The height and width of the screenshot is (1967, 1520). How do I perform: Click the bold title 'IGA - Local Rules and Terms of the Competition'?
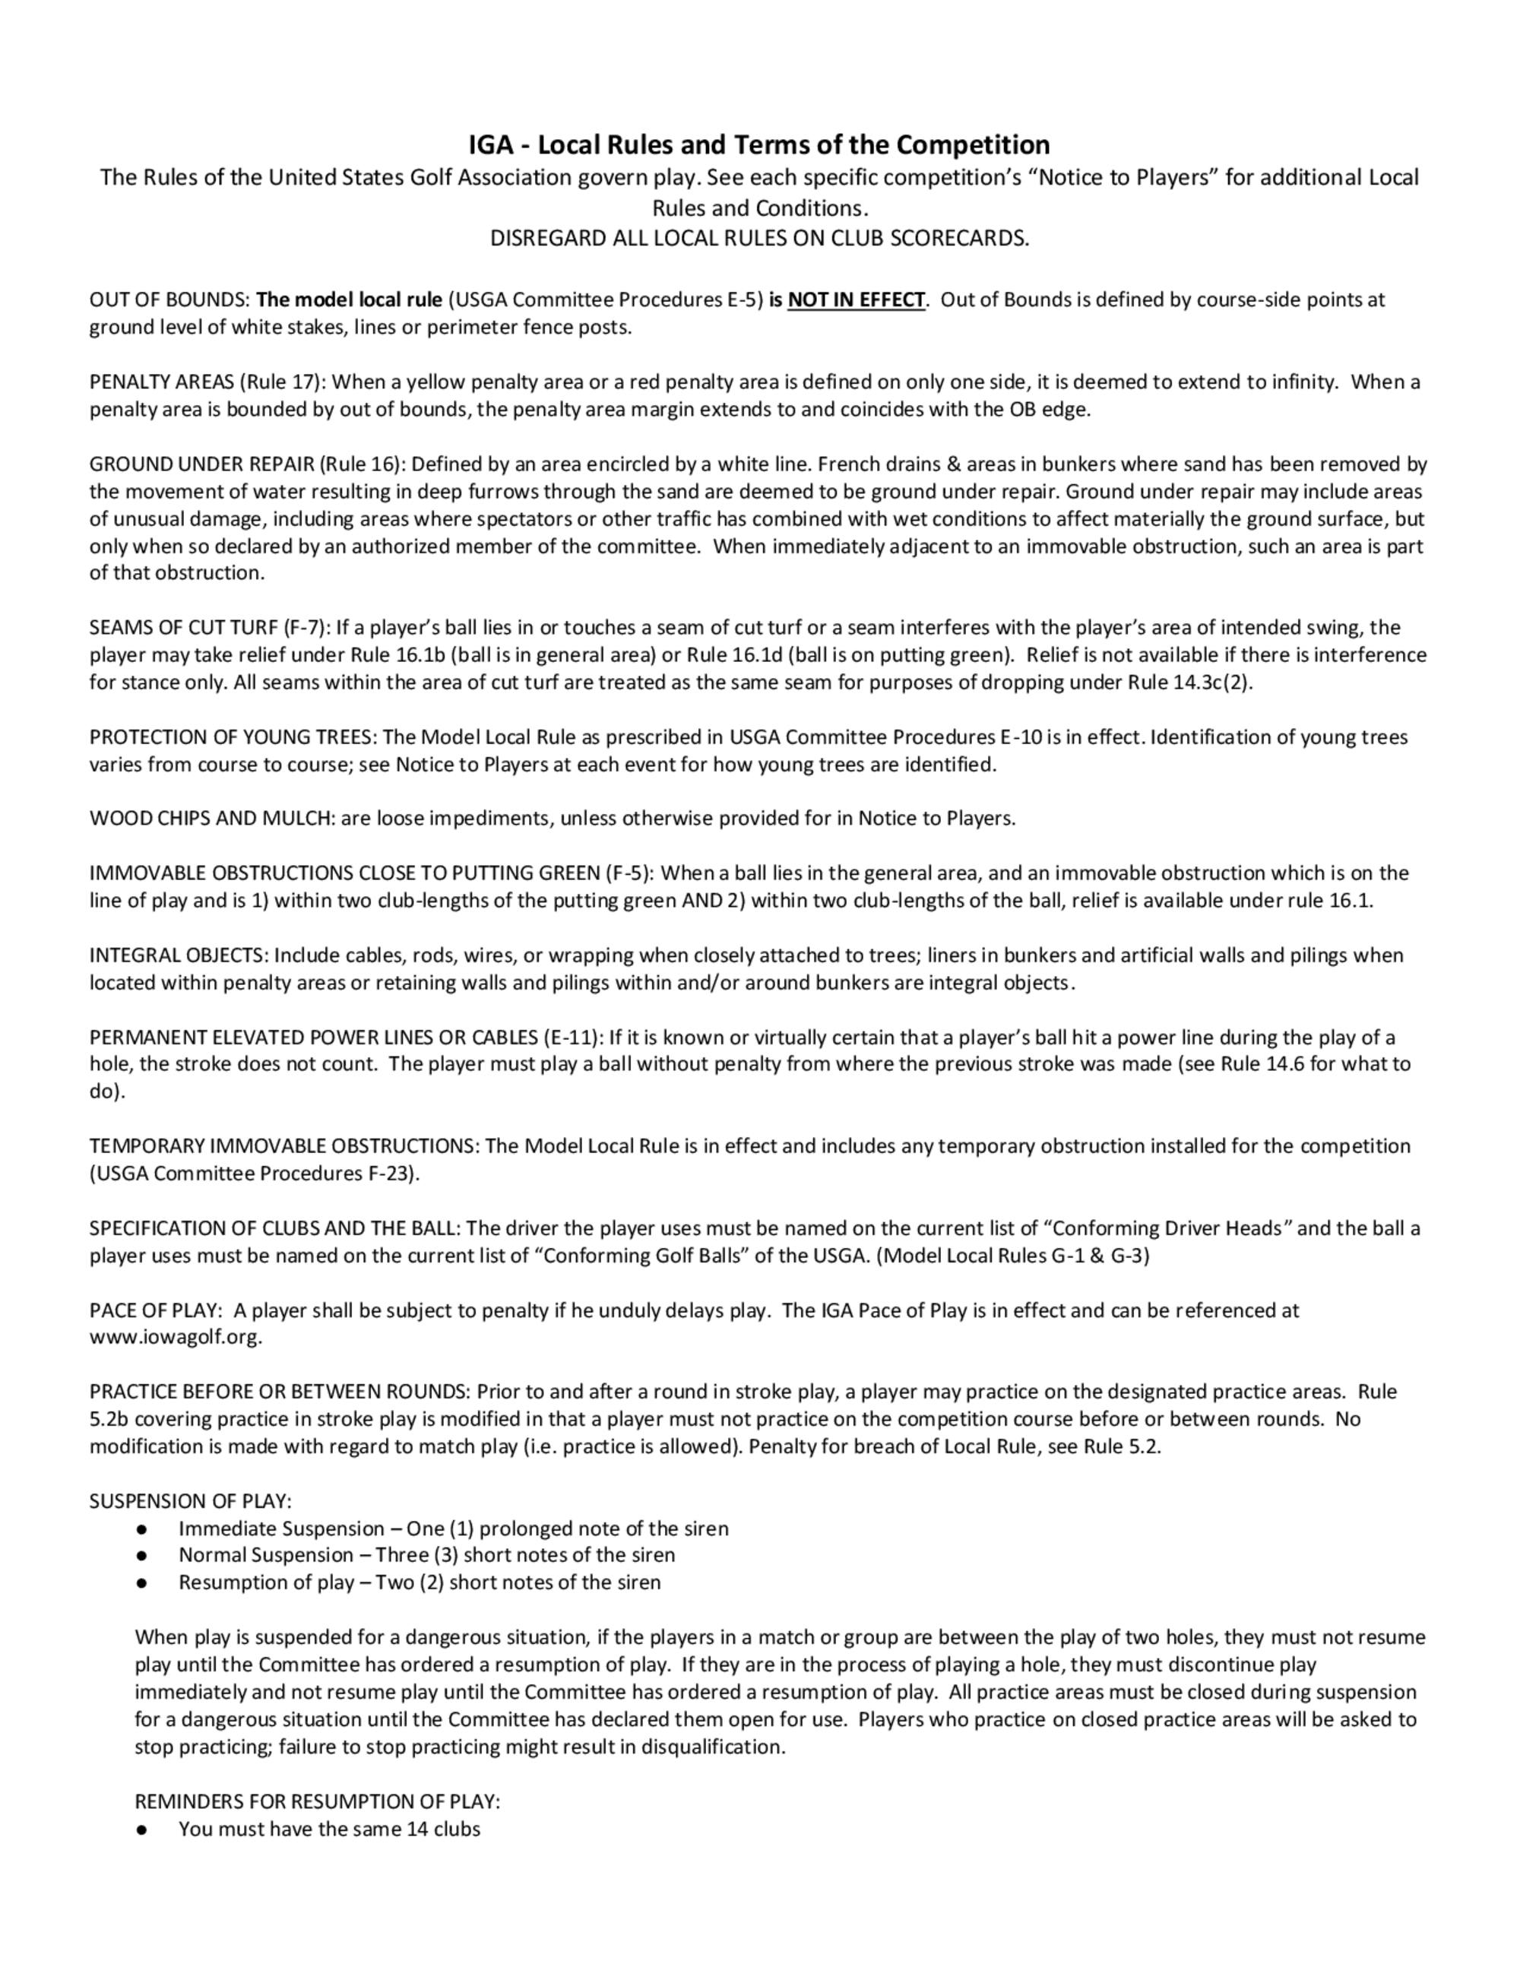[x=758, y=145]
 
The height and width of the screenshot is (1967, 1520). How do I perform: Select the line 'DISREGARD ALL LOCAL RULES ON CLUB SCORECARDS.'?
[x=758, y=239]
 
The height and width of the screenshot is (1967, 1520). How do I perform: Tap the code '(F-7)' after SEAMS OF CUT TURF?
[x=307, y=628]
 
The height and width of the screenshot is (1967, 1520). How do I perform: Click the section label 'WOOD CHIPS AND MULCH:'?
[x=211, y=819]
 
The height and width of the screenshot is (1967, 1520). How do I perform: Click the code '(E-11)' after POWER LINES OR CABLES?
[x=572, y=1037]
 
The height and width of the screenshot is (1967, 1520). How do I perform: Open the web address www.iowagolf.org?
[x=175, y=1338]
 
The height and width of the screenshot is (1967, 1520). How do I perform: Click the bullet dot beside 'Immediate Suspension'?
[x=141, y=1529]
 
